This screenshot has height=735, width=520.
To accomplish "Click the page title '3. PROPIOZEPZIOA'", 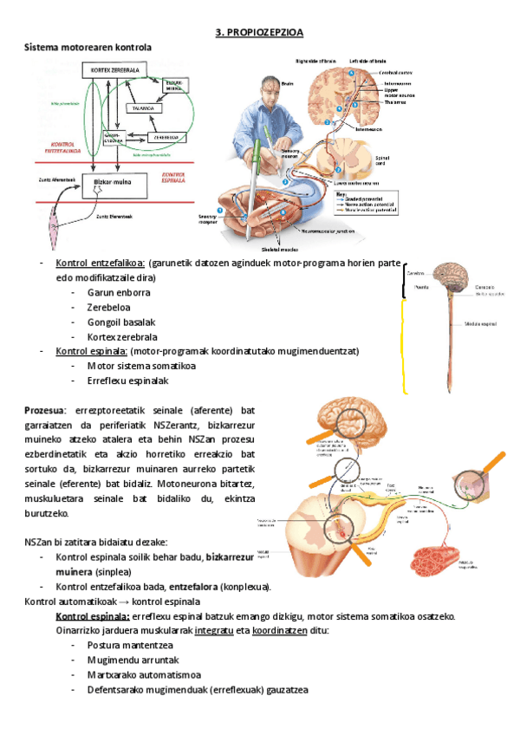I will (259, 33).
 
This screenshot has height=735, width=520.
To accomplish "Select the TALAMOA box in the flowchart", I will (142, 107).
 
